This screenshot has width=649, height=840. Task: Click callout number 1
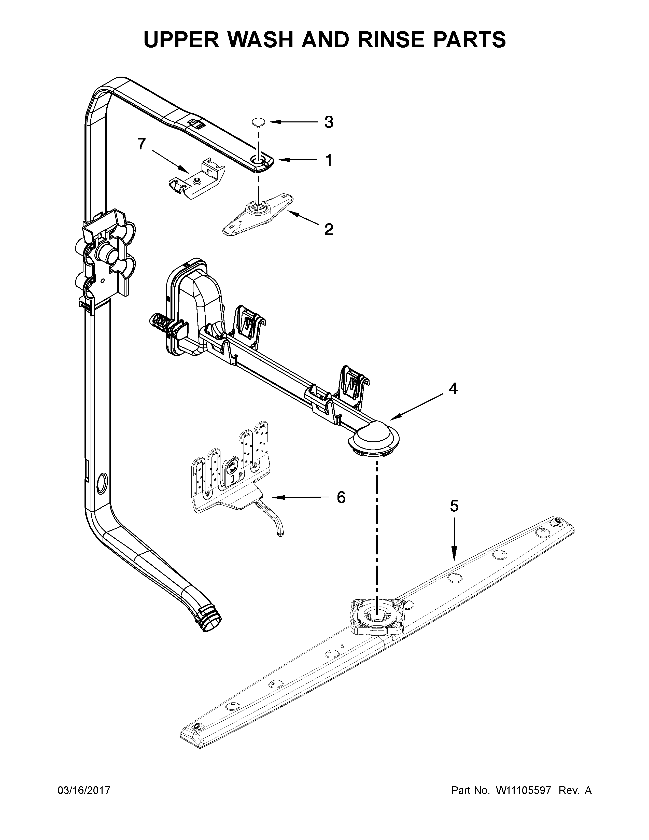tap(328, 160)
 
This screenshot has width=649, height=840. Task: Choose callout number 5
tap(454, 506)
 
